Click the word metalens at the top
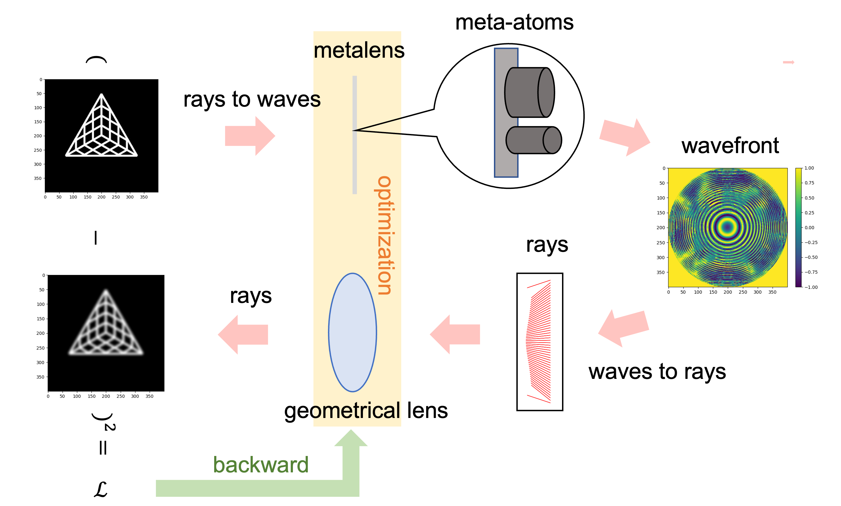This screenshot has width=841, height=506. pos(357,51)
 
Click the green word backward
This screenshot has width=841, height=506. pos(261,464)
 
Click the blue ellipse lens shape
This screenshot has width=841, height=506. pos(352,332)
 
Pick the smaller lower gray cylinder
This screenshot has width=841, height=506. pos(533,140)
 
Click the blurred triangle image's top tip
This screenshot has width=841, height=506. pos(106,291)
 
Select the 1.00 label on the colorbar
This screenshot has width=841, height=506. pos(809,168)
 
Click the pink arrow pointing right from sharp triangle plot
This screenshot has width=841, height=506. pos(250,136)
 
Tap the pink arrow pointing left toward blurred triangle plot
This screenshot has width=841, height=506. pos(243,335)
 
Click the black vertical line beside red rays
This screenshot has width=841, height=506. pos(517,344)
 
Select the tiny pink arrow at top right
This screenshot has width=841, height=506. pos(788,62)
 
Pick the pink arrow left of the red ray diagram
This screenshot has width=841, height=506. pos(455,335)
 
